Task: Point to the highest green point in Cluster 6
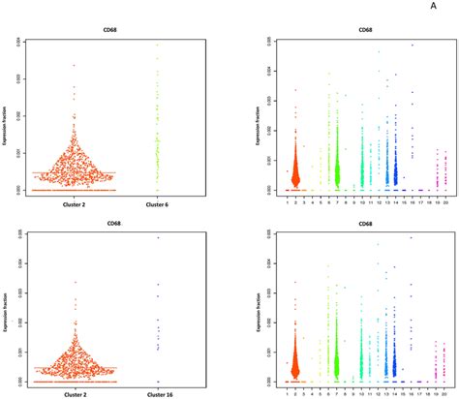[x=157, y=44]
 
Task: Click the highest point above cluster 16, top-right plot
[x=413, y=46]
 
